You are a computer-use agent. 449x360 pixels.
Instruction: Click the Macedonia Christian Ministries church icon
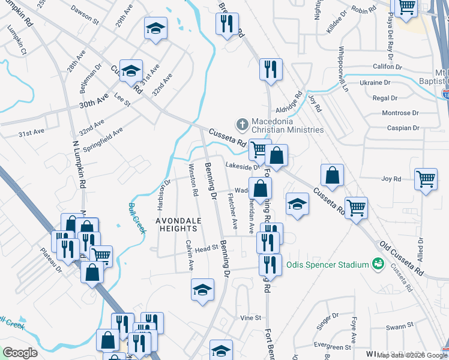243,124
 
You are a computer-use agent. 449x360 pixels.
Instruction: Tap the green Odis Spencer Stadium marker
378,264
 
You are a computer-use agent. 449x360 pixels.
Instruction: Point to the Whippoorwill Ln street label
343,69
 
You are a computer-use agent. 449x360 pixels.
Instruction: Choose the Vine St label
252,317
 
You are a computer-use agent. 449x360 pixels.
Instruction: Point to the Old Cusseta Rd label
401,259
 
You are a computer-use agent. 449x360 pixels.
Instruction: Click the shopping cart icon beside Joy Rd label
426,178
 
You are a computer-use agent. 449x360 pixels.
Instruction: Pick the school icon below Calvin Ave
203,290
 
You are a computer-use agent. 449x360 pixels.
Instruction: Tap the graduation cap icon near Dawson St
155,28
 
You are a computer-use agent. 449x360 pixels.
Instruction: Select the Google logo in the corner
20,353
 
